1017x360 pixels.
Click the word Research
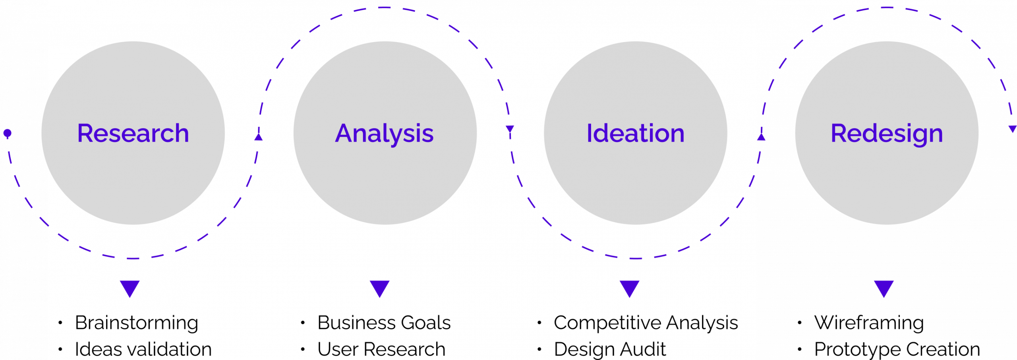click(133, 133)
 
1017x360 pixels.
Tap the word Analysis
click(384, 134)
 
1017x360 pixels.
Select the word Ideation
click(636, 133)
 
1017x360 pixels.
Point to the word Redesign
click(887, 134)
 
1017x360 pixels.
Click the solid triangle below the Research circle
click(130, 288)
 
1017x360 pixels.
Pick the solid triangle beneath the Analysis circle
click(379, 288)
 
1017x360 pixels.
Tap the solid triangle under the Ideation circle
click(629, 288)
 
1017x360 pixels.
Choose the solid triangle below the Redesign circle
click(884, 288)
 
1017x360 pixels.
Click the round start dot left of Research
click(7, 133)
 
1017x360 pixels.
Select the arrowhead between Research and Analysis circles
click(259, 137)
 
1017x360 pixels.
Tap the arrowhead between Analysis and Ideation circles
click(510, 130)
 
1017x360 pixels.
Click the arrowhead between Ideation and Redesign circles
click(761, 137)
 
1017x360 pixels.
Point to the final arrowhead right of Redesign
click(1013, 129)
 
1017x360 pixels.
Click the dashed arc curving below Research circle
click(133, 258)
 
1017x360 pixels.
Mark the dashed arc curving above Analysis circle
click(384, 8)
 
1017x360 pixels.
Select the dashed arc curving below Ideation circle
click(636, 258)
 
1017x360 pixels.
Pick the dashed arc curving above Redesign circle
click(887, 8)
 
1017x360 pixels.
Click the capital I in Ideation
click(590, 133)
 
